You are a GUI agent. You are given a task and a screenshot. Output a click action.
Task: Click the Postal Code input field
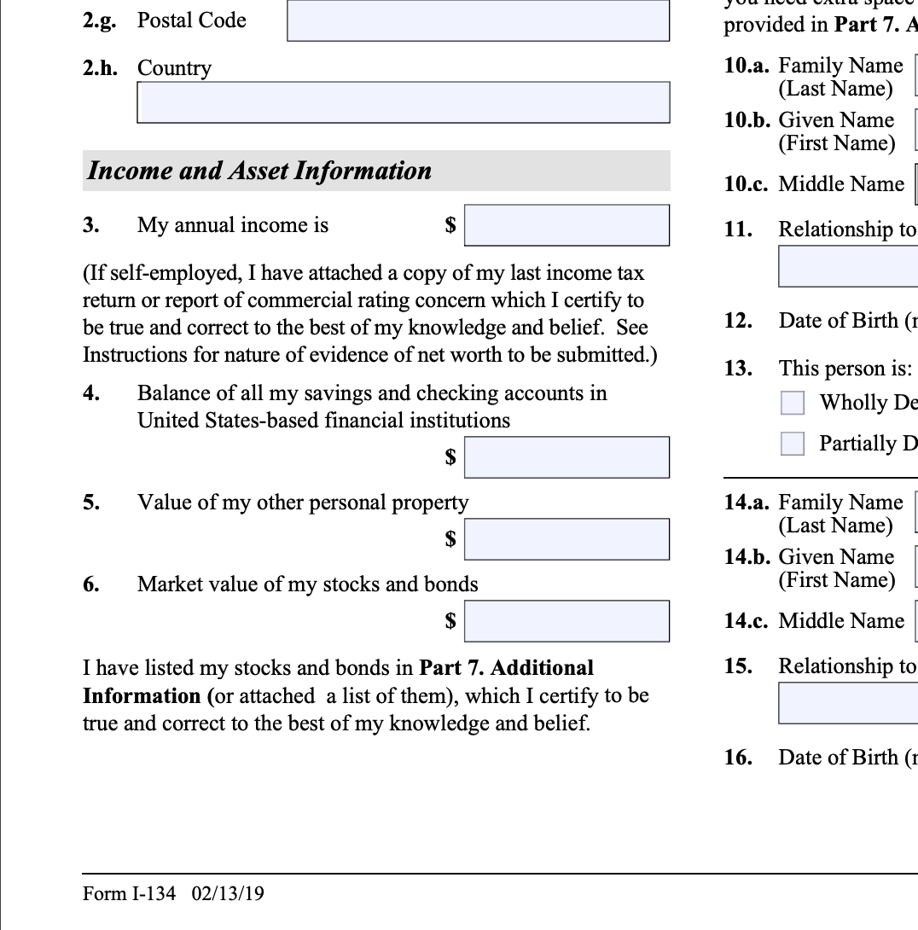478,20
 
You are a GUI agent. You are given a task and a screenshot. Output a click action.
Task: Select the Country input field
403,102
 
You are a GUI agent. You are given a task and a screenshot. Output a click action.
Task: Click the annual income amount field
566,225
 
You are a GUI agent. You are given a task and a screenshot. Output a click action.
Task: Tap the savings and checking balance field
566,457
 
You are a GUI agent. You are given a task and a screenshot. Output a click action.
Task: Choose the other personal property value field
566,539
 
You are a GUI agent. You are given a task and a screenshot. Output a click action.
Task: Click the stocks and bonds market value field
566,621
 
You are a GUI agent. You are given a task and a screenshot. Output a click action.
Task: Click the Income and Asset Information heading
259,171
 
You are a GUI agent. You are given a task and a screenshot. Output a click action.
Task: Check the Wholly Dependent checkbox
793,403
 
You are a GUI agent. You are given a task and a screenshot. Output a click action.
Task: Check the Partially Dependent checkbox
793,444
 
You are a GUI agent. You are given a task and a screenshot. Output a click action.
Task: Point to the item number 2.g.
99,20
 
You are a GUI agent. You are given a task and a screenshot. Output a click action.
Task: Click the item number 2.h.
99,68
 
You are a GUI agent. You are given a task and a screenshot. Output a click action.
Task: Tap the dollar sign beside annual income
450,225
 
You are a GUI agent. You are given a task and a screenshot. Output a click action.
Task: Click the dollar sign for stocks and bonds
450,621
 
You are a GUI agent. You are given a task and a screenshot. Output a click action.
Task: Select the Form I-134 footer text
129,893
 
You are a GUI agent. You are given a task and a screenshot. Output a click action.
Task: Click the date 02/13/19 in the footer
228,893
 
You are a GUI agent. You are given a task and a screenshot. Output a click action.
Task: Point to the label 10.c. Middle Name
814,184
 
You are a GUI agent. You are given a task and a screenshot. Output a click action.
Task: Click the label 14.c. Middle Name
814,621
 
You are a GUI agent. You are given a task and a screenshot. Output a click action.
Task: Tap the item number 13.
738,369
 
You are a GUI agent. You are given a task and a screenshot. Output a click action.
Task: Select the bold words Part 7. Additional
507,667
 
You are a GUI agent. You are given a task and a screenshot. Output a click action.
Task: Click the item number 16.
738,758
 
